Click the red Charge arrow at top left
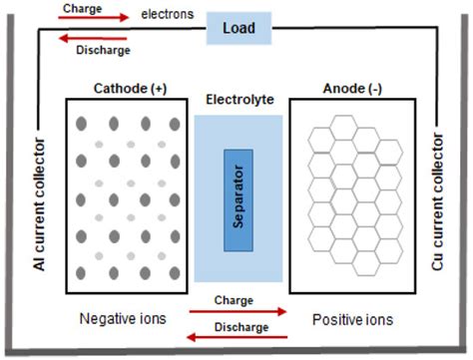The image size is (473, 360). tap(95, 18)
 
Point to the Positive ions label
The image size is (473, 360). tap(354, 320)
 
